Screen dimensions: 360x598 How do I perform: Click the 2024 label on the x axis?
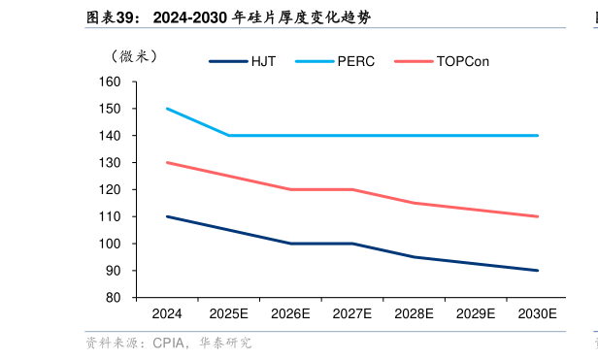(x=167, y=313)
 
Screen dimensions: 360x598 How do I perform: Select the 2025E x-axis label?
(x=229, y=313)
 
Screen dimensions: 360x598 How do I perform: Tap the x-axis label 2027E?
(x=352, y=313)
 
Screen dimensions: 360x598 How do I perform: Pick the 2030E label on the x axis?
(x=538, y=313)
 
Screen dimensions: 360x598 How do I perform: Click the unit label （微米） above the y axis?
(x=133, y=56)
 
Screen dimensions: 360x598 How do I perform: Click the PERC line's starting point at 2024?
(x=167, y=109)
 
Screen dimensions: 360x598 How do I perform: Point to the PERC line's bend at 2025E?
(x=229, y=136)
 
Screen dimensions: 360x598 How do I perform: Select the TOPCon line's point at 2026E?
(x=290, y=189)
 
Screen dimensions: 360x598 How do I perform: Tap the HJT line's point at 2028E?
(x=415, y=257)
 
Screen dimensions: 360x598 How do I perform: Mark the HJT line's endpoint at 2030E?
(x=538, y=271)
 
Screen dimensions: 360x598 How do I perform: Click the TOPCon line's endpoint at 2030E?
(x=538, y=216)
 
